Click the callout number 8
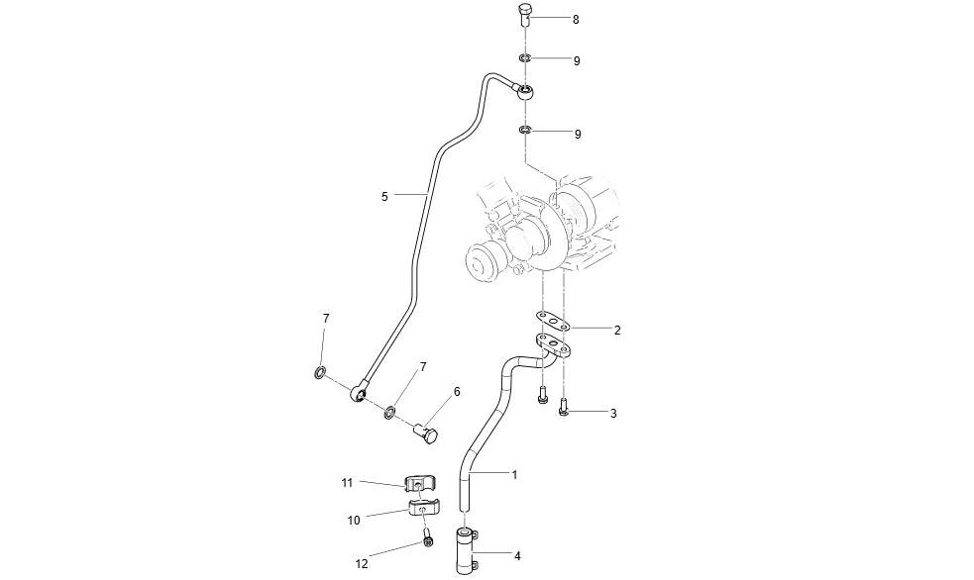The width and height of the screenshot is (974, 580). [576, 20]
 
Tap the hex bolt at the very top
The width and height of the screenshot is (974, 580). [525, 16]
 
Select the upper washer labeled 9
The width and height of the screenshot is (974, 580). [525, 58]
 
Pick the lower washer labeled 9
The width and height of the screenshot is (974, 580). [525, 130]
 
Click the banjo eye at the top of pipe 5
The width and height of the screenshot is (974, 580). [527, 95]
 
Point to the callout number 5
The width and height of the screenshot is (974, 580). [384, 197]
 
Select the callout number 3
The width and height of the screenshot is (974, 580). [613, 413]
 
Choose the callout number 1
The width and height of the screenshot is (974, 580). [514, 475]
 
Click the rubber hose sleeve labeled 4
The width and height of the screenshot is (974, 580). [466, 549]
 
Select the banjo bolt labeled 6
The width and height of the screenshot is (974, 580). [429, 432]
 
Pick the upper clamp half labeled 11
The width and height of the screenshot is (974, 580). [420, 484]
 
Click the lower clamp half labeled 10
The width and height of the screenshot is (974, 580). [422, 511]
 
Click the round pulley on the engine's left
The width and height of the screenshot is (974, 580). [485, 262]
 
